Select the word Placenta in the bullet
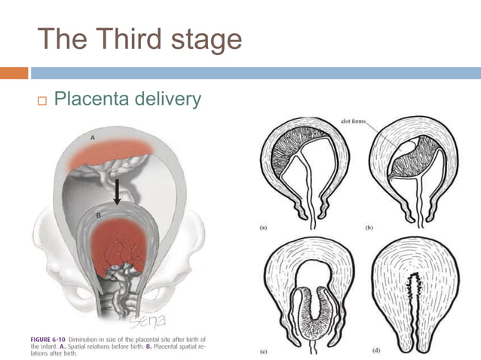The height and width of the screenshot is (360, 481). coord(96,98)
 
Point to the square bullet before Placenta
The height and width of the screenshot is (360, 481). coord(42,99)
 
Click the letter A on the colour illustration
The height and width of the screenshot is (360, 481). coord(92,138)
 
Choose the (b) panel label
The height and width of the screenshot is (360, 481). coord(370,226)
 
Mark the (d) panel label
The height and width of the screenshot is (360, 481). coord(370,351)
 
